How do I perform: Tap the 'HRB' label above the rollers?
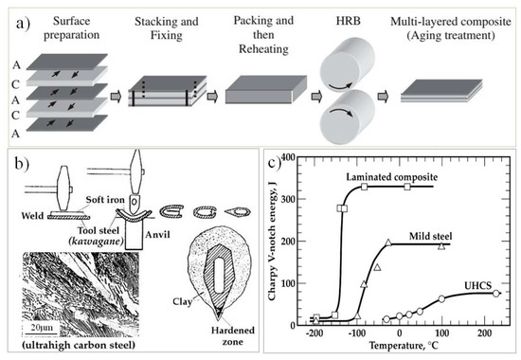pos(355,21)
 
